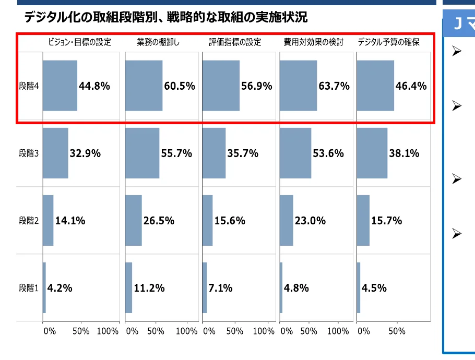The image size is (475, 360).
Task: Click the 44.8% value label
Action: [x=94, y=86]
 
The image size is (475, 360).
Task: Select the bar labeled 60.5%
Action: [x=144, y=86]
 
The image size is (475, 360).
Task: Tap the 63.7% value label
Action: [x=334, y=86]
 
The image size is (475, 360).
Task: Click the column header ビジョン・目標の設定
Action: [x=80, y=42]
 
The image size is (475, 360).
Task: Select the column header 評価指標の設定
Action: [x=235, y=42]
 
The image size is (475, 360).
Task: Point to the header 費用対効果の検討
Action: [x=314, y=42]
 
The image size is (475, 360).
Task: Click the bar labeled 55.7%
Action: [x=142, y=153]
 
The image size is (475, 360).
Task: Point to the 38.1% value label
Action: [x=405, y=153]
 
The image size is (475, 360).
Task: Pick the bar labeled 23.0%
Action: [x=287, y=221]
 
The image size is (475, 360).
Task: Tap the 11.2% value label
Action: [x=149, y=287]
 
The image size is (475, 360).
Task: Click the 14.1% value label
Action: [x=70, y=221]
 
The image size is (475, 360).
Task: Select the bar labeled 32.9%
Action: [x=55, y=153]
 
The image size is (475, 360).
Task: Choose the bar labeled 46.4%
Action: [x=375, y=86]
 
